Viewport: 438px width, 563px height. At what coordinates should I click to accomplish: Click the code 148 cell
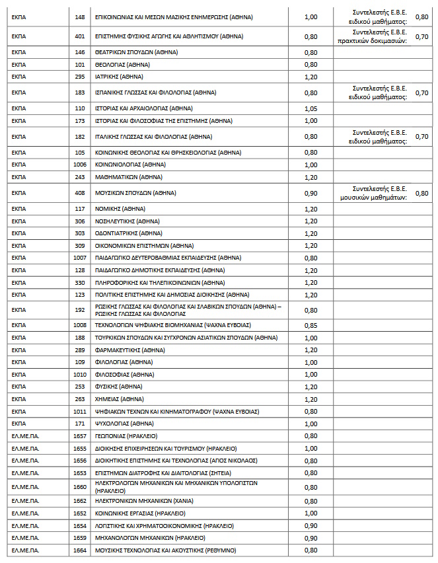tap(80, 17)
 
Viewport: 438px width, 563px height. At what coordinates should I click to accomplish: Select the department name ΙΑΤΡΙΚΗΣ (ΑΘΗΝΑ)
tap(116, 77)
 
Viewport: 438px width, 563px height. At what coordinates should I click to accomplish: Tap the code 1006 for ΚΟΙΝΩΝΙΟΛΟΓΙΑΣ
tap(80, 164)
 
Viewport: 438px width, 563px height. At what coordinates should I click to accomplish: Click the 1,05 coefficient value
tap(310, 108)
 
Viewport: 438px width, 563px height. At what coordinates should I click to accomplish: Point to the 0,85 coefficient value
tap(310, 325)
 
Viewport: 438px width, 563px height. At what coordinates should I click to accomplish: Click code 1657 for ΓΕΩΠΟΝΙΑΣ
tap(80, 435)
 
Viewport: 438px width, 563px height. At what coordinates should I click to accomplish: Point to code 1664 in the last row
tap(80, 550)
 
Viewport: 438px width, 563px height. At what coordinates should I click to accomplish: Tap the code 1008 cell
tap(80, 325)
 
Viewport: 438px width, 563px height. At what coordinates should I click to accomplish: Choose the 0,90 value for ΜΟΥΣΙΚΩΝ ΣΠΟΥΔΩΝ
tap(310, 193)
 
